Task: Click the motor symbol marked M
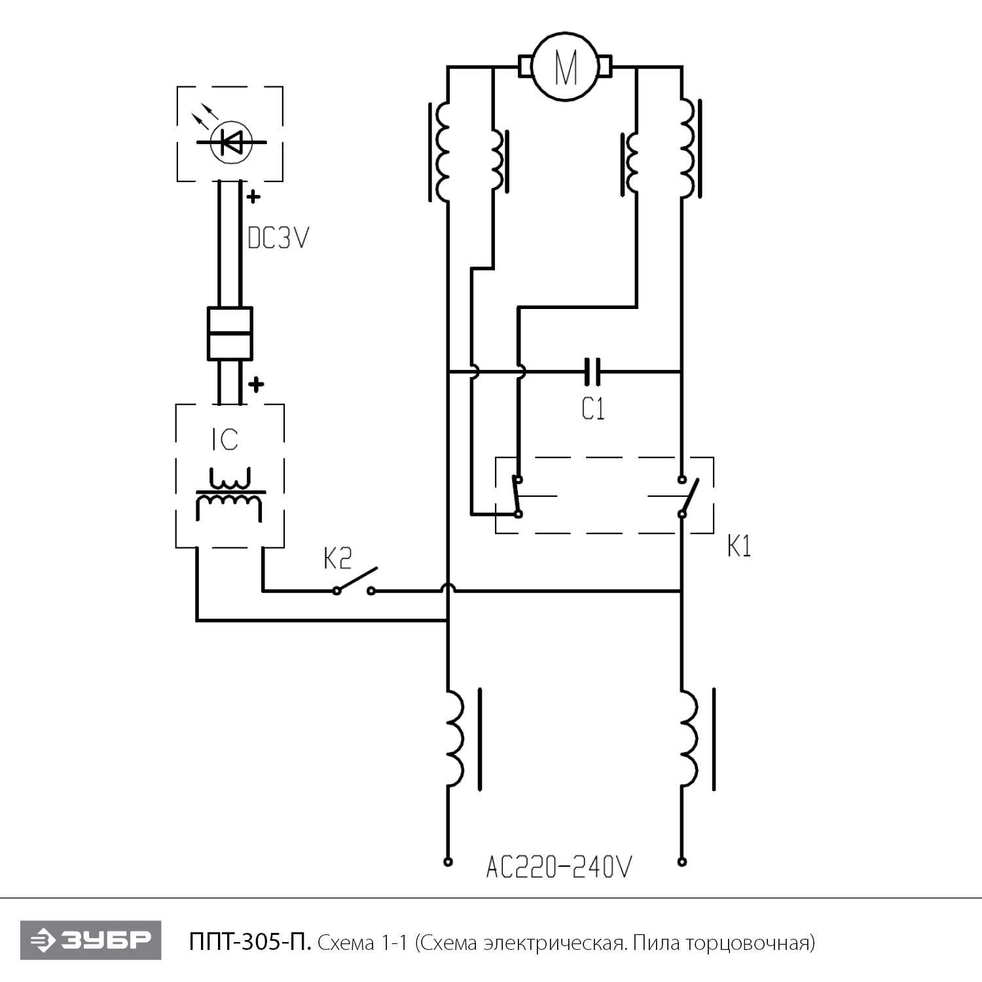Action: coord(566,67)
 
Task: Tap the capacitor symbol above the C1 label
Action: coord(592,371)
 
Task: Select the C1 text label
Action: coord(593,409)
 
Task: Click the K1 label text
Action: coord(739,546)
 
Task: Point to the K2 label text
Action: coord(337,558)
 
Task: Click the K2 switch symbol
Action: coord(354,582)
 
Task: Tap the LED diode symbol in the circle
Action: coord(232,141)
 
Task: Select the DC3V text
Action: coord(278,238)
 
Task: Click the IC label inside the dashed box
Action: coord(225,440)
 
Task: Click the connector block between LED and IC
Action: coord(229,333)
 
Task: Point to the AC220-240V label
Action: coord(559,867)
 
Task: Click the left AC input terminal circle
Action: coord(448,862)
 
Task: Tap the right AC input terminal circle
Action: coord(682,862)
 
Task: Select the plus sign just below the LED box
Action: coord(253,195)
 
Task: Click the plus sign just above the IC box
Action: coord(256,384)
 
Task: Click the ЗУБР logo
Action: coord(90,941)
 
